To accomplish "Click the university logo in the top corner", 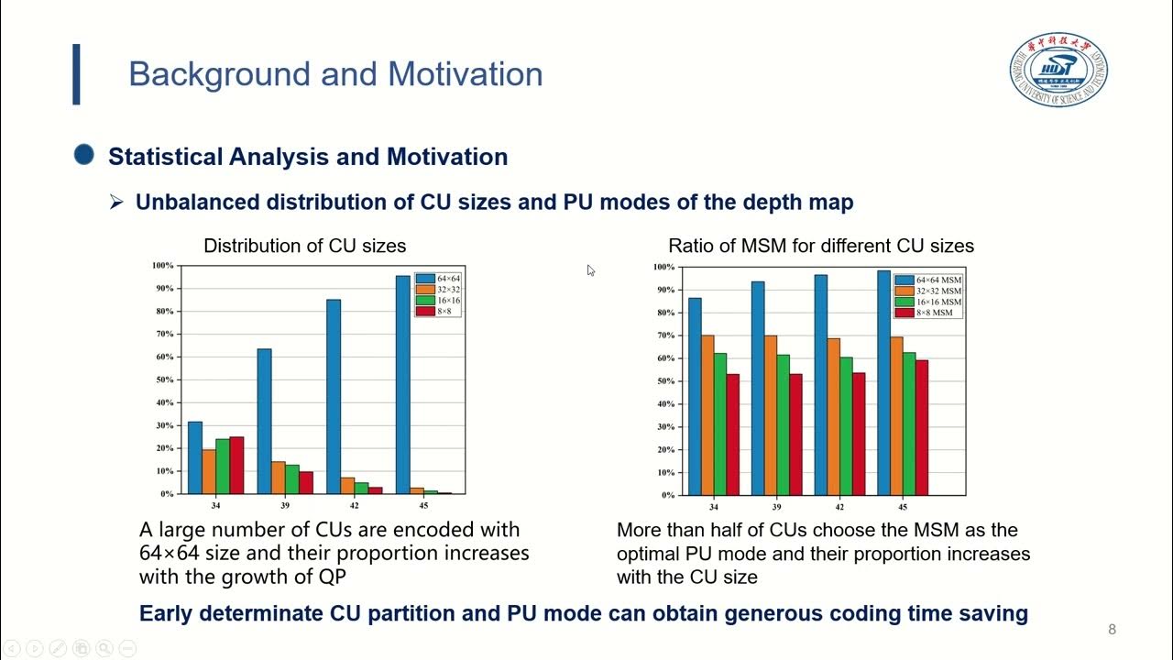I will click(x=1058, y=71).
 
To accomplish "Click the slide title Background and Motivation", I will click(x=335, y=74).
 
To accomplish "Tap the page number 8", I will click(x=1112, y=629).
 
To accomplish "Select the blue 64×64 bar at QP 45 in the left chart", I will click(x=403, y=384).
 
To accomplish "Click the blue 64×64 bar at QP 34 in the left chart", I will click(x=194, y=457).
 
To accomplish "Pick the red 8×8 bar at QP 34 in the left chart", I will click(x=236, y=465).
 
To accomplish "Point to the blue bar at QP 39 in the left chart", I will click(x=264, y=421).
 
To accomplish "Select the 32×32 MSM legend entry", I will click(x=929, y=291).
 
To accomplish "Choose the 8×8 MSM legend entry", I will click(x=929, y=313).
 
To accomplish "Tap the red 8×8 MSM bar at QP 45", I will click(x=922, y=427).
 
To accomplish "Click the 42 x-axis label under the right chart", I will click(x=839, y=507).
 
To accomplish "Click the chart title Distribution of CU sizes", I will click(x=304, y=246).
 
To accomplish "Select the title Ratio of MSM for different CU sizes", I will click(x=821, y=246).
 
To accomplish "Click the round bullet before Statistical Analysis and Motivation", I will click(x=84, y=156).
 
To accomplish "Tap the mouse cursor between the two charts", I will click(x=590, y=270).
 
